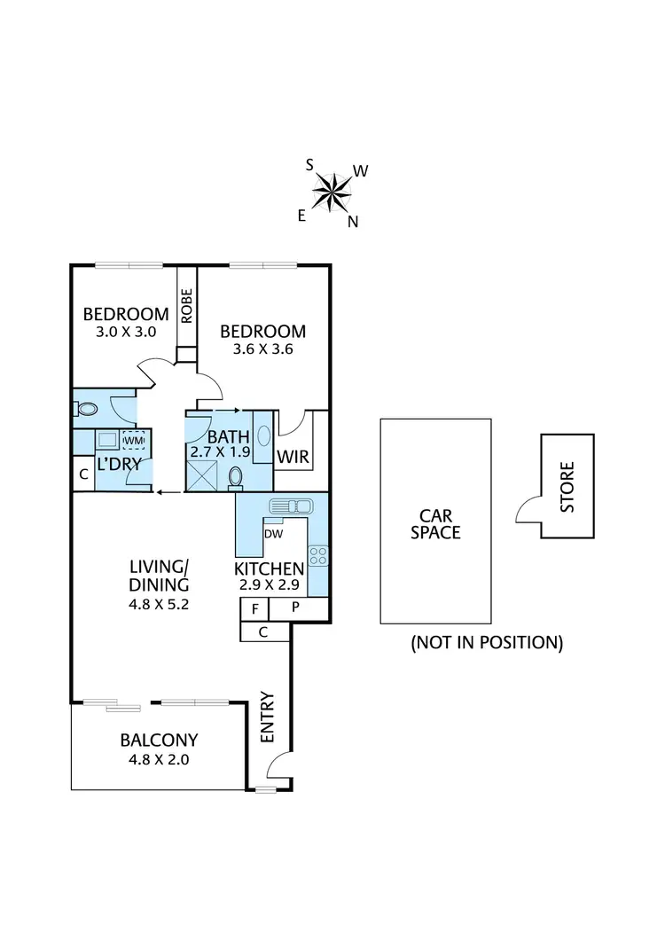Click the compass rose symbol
[x=333, y=190]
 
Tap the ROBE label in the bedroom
[x=186, y=307]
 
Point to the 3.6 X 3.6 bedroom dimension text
[x=262, y=349]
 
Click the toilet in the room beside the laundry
[x=86, y=409]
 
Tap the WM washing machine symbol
[x=133, y=440]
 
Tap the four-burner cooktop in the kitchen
[x=317, y=556]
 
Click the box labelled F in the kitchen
[x=254, y=609]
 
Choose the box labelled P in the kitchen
[x=295, y=609]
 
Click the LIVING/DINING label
[x=160, y=576]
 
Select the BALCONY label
[x=159, y=740]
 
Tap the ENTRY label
[x=267, y=717]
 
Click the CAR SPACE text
[x=439, y=523]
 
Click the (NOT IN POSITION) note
[x=487, y=643]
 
